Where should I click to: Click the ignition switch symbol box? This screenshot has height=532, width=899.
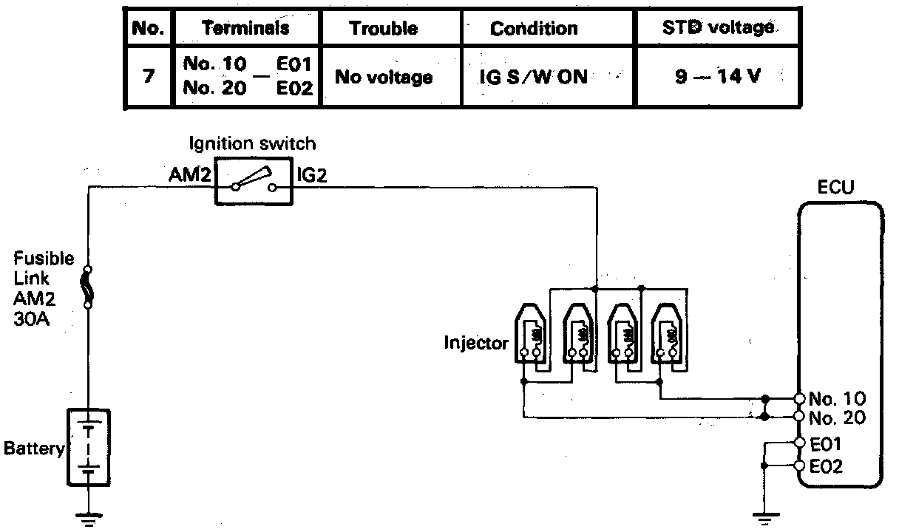pos(254,181)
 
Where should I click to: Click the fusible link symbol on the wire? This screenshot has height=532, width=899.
pos(89,287)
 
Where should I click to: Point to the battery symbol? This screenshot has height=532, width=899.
pos(89,449)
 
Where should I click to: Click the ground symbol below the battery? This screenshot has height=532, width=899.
pos(89,518)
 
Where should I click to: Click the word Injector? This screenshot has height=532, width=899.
pos(476,343)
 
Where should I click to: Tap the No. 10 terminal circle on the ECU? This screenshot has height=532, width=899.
pos(799,398)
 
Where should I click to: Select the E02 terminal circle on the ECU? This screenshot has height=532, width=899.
pos(799,466)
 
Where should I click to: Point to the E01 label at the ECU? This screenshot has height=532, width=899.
pos(826,444)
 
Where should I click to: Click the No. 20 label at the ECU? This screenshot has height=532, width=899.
pos(832,417)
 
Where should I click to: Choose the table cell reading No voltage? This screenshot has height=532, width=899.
pos(384,77)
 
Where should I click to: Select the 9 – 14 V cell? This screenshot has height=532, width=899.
pos(717,77)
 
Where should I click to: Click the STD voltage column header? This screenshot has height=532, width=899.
pos(717,29)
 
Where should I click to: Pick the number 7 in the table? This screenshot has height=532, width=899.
pos(148,77)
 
